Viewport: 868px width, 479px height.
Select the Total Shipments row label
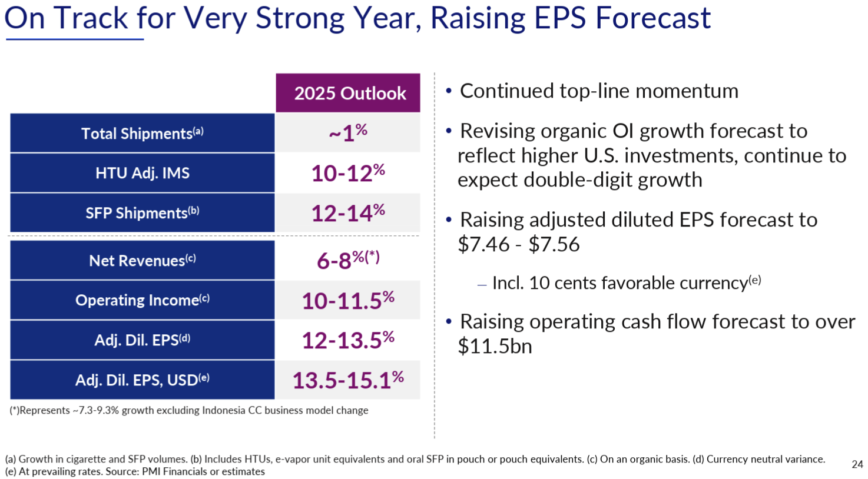142,134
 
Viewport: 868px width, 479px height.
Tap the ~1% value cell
348,133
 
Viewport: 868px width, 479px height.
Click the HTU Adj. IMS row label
142,173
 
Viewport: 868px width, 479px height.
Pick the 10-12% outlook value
348,173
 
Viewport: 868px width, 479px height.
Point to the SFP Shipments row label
142,212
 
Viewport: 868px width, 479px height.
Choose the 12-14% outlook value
348,212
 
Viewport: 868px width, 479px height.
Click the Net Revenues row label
142,260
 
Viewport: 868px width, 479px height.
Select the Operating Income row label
142,300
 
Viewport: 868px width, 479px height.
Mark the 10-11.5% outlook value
348,300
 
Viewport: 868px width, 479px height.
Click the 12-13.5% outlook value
348,340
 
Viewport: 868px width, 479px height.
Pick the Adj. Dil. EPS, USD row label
142,380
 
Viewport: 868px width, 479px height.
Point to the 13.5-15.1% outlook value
348,380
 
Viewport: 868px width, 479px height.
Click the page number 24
857,464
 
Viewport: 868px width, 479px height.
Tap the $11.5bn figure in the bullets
495,346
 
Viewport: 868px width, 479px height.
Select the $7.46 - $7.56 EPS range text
518,244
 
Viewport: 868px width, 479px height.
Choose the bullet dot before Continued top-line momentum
449,91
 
